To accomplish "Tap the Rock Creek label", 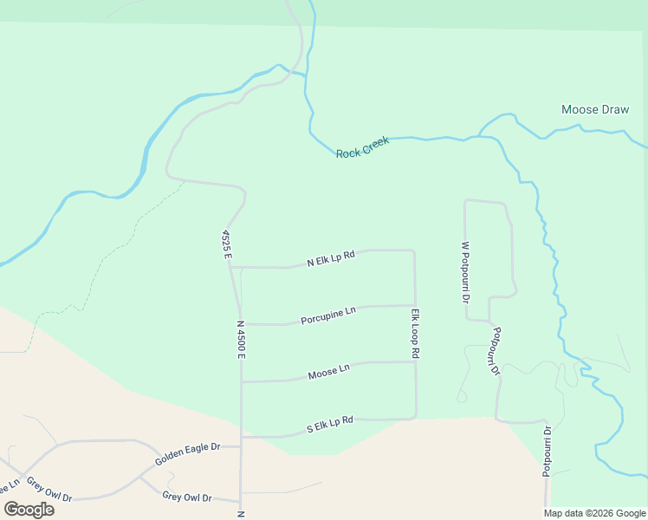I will point(362,146).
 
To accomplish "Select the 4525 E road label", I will point(226,242).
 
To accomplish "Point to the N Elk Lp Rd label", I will point(331,259).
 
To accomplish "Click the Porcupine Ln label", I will point(328,315).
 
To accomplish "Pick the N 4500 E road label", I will point(241,340).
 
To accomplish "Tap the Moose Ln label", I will point(328,372).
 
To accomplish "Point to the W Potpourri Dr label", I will point(465,271).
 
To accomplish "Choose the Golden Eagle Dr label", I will point(188,454).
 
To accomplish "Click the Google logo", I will point(29,509).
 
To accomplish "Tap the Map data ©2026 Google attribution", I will point(595,513).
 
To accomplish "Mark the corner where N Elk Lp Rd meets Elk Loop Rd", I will point(414,251).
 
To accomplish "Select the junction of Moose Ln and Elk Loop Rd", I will point(416,362).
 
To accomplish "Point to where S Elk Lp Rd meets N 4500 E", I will point(241,437).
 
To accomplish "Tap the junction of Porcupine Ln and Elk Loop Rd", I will point(415,305).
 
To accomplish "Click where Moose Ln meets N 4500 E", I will point(241,381).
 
